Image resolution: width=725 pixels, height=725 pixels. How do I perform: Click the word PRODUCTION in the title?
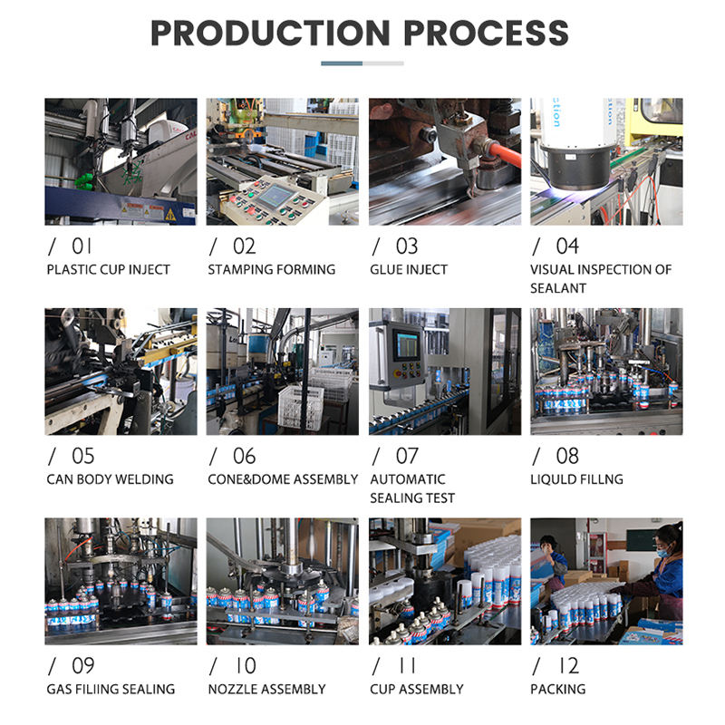pyautogui.click(x=270, y=33)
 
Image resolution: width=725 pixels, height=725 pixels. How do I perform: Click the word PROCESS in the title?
pyautogui.click(x=486, y=33)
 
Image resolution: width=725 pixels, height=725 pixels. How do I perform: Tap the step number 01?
pyautogui.click(x=82, y=246)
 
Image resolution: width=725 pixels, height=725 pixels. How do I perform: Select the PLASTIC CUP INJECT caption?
pyautogui.click(x=108, y=269)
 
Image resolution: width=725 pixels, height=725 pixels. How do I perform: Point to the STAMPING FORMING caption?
pyautogui.click(x=271, y=269)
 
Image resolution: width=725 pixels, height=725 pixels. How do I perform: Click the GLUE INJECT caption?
pyautogui.click(x=409, y=269)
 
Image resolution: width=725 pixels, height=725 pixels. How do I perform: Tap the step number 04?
pyautogui.click(x=567, y=246)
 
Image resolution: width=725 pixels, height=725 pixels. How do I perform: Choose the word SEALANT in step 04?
pyautogui.click(x=558, y=288)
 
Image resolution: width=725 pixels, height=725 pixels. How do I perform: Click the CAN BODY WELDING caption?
pyautogui.click(x=110, y=479)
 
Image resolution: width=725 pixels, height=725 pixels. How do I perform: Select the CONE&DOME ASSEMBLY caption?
pyautogui.click(x=283, y=479)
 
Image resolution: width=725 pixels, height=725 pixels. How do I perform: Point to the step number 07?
pyautogui.click(x=407, y=456)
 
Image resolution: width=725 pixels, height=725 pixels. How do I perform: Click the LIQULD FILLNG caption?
pyautogui.click(x=576, y=479)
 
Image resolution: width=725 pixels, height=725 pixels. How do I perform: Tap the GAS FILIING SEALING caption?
pyautogui.click(x=111, y=690)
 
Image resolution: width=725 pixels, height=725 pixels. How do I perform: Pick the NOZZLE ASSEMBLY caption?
pyautogui.click(x=266, y=690)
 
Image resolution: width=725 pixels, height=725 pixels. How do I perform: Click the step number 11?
pyautogui.click(x=407, y=666)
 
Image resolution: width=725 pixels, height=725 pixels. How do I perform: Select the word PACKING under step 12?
pyautogui.click(x=558, y=690)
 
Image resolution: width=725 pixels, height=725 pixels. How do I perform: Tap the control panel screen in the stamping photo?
pyautogui.click(x=275, y=195)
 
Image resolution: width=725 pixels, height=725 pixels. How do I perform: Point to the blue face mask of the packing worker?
pyautogui.click(x=664, y=550)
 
